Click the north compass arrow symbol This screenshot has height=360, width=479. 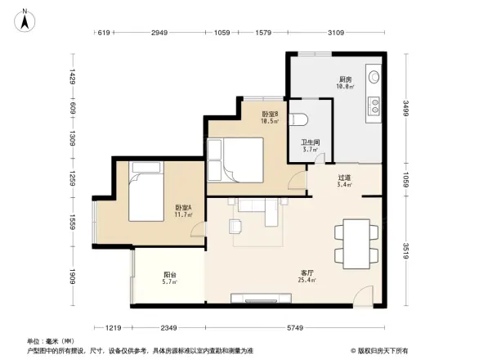tap(26, 20)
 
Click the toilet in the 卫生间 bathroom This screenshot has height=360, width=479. tap(301, 119)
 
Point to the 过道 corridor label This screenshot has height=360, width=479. tap(345, 180)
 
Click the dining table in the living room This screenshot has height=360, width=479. tap(356, 239)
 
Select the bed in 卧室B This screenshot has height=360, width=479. tap(235, 160)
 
